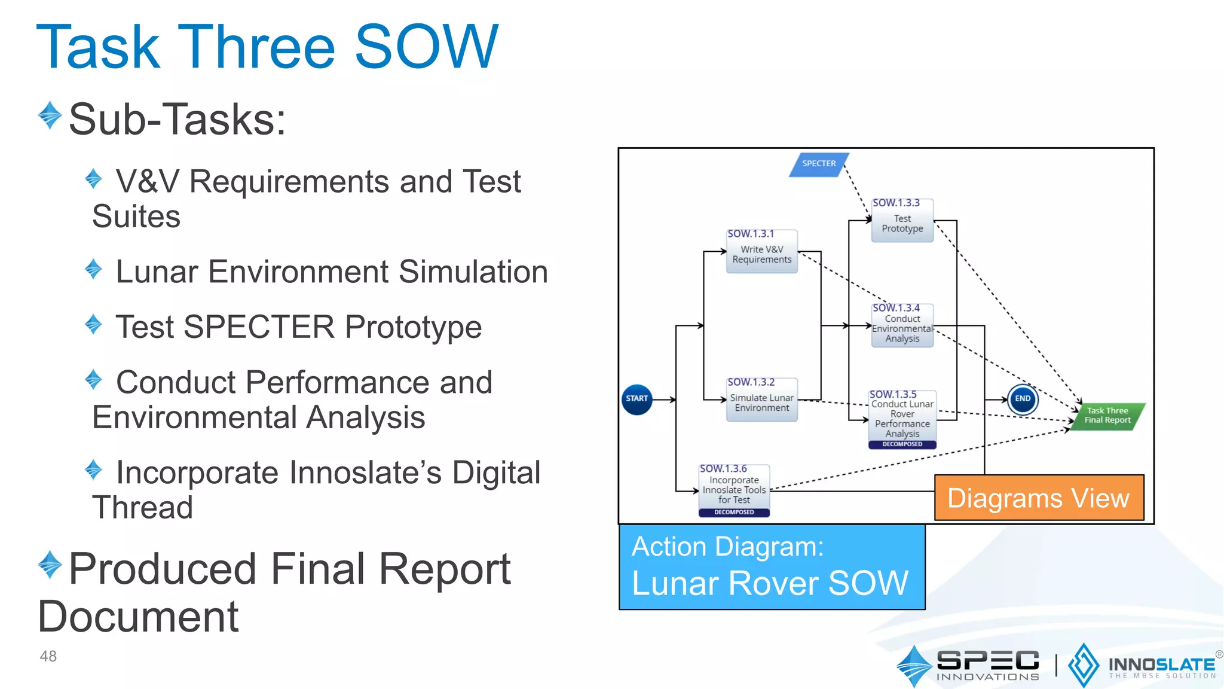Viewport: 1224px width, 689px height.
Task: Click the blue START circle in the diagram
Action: coord(637,399)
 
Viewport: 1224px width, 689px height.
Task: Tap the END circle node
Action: coord(1023,399)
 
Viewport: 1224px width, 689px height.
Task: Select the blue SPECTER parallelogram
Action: coord(819,164)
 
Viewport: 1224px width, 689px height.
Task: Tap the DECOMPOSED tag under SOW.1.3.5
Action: coord(902,444)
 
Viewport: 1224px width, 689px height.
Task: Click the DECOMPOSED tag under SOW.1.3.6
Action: coord(734,513)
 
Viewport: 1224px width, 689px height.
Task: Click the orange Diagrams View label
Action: coord(1039,498)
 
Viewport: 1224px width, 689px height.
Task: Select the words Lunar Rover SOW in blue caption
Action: coord(770,584)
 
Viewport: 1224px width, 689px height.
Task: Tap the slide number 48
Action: coord(48,656)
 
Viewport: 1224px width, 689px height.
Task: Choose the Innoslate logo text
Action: coord(1161,665)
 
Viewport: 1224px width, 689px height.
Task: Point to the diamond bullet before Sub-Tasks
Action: coord(50,115)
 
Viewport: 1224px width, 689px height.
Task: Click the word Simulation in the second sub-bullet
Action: coord(473,272)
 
